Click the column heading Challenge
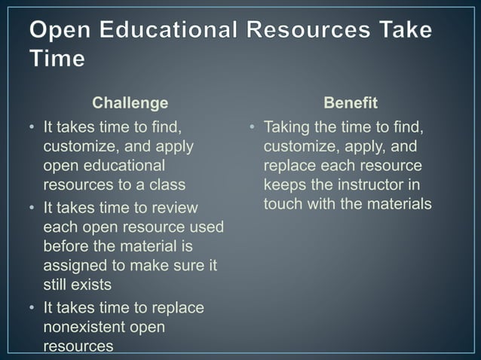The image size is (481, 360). [130, 102]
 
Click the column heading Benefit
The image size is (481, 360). [350, 102]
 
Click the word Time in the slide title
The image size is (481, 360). [57, 59]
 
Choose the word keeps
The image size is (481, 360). [283, 185]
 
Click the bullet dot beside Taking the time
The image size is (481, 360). [254, 127]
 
